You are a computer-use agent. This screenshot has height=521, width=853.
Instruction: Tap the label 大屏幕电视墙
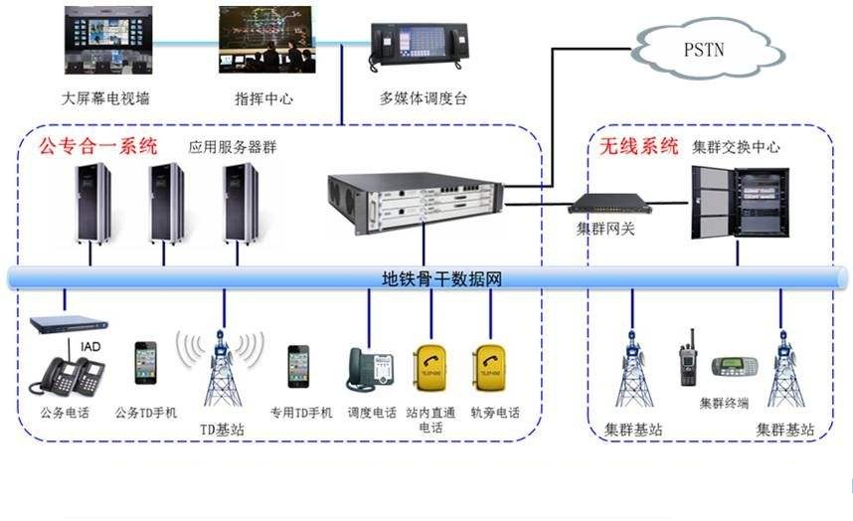point(105,98)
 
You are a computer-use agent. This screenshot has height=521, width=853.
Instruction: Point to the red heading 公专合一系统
point(97,146)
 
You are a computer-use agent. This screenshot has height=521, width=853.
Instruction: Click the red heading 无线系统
point(638,146)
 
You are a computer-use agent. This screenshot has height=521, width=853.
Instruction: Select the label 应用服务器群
point(233,147)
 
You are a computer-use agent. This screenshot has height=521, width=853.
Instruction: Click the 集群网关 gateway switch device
point(609,205)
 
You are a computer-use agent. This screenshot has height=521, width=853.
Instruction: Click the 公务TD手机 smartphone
point(146,363)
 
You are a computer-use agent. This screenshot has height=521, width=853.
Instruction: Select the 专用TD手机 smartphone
point(298,366)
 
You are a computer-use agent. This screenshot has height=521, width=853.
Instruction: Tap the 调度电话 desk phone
point(371,369)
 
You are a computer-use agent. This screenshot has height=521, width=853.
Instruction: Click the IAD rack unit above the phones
point(68,324)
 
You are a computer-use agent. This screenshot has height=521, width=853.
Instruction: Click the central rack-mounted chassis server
point(417,203)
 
